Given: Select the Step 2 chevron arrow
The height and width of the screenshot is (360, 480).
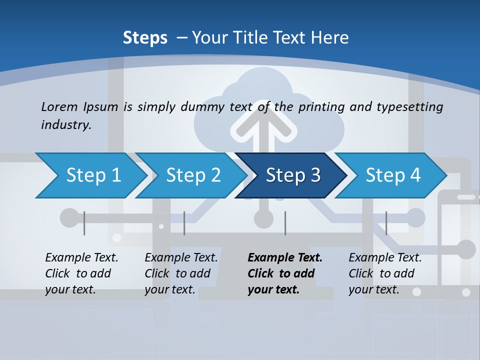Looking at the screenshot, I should point(193,175).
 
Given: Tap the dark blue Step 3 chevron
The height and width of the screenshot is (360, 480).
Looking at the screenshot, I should point(292,175).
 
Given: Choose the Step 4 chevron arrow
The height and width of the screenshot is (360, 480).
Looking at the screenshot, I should point(393,175).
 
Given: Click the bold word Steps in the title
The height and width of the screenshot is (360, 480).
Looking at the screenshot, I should point(145,37).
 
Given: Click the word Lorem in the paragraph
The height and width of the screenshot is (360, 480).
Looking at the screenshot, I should point(58,106).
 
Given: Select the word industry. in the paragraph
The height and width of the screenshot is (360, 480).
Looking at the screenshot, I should point(66,124).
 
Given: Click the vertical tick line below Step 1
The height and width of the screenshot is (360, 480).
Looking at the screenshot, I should point(84,223).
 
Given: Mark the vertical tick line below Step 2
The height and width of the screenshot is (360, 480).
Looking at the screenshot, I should point(184,223).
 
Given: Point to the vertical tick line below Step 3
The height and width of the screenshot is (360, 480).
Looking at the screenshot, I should point(285,223).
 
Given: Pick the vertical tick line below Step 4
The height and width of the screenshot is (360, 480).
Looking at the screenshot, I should point(386,223).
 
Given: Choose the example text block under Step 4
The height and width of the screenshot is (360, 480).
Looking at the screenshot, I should point(385,273).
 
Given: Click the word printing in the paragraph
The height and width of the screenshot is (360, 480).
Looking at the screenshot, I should point(322,106).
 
